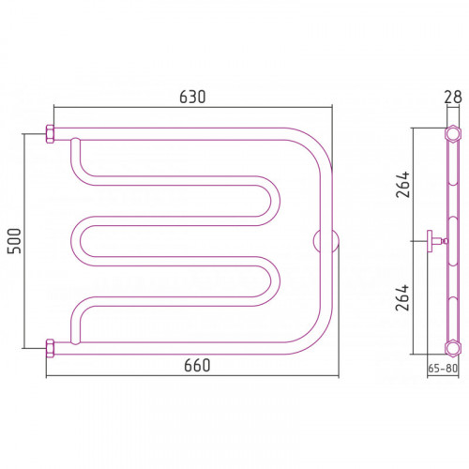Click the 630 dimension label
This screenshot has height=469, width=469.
point(192,97)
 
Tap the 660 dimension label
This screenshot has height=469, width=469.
point(197,365)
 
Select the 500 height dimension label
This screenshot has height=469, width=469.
point(15,241)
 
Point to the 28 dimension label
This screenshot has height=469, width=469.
point(453,97)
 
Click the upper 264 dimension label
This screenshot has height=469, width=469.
point(402,185)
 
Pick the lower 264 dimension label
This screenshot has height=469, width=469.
point(402,297)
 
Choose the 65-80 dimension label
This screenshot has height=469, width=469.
point(443,369)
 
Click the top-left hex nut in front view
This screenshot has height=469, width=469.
point(50,134)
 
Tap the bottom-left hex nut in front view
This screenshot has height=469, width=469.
point(50,348)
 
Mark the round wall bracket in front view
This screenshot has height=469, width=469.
point(326,241)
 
